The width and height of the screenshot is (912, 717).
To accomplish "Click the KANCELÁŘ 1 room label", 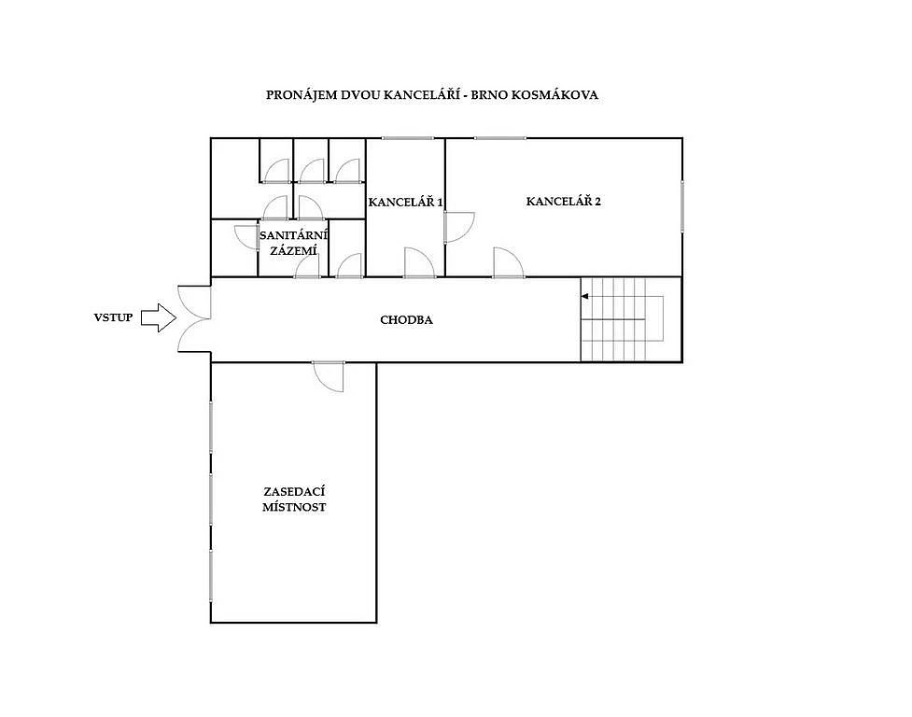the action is click(x=405, y=202).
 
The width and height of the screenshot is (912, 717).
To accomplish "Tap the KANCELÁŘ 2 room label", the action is click(x=563, y=202).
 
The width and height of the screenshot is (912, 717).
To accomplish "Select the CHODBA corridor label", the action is click(x=406, y=320).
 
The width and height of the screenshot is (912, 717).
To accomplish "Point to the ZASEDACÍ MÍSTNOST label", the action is click(x=294, y=499).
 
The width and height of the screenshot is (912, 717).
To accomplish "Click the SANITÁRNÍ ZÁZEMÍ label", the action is click(x=293, y=243).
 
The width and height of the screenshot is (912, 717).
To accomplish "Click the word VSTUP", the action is click(x=114, y=317).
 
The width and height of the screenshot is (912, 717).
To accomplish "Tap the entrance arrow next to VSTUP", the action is click(x=159, y=317).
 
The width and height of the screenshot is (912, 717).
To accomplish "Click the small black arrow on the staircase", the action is click(x=584, y=297).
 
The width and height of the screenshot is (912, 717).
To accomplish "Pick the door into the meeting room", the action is click(x=329, y=376).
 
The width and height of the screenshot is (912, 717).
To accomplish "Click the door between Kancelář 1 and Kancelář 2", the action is click(x=459, y=227).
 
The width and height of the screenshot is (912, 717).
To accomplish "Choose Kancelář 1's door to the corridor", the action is click(x=420, y=263).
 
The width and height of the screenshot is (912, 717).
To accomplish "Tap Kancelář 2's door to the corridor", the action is click(x=509, y=263).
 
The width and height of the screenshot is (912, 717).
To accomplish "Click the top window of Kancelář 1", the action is click(x=408, y=138).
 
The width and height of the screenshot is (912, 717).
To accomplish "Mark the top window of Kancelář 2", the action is click(x=500, y=138).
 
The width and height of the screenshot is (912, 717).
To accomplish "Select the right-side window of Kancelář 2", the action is click(x=682, y=205).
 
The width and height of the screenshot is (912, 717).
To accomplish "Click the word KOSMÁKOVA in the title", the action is click(x=554, y=95).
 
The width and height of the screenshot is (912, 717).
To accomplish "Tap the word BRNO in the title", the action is click(x=489, y=95).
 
